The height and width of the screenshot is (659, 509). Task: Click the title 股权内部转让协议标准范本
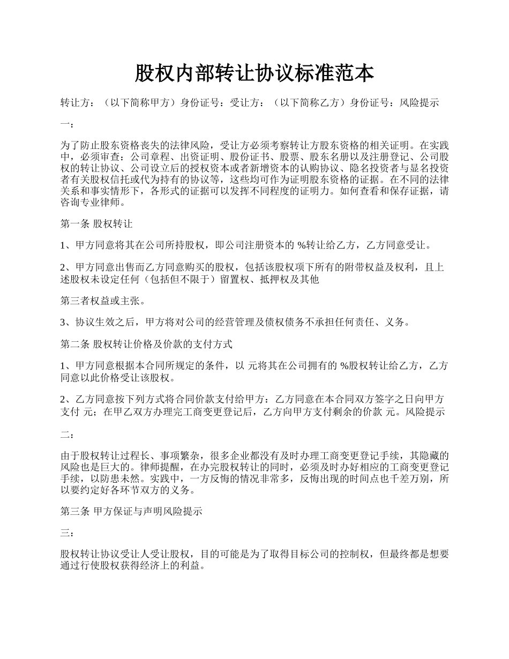[x=254, y=73]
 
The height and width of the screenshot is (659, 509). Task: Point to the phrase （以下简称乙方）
[x=308, y=103]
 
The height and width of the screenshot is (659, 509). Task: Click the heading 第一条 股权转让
[x=96, y=224]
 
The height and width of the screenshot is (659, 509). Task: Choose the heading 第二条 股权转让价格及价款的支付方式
[x=146, y=344]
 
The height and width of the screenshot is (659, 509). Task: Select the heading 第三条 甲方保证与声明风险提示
[x=131, y=511]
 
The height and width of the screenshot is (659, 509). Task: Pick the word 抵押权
[x=273, y=280]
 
